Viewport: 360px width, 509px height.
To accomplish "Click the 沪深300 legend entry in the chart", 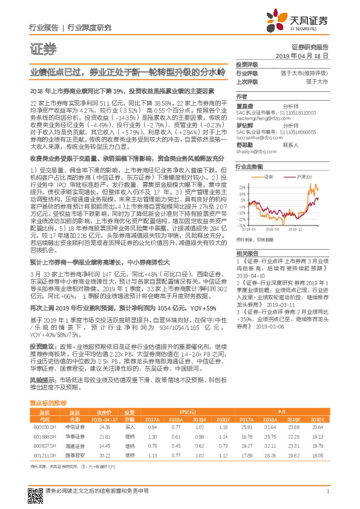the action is point(302,177).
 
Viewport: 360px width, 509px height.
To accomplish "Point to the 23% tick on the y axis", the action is point(241,188).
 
